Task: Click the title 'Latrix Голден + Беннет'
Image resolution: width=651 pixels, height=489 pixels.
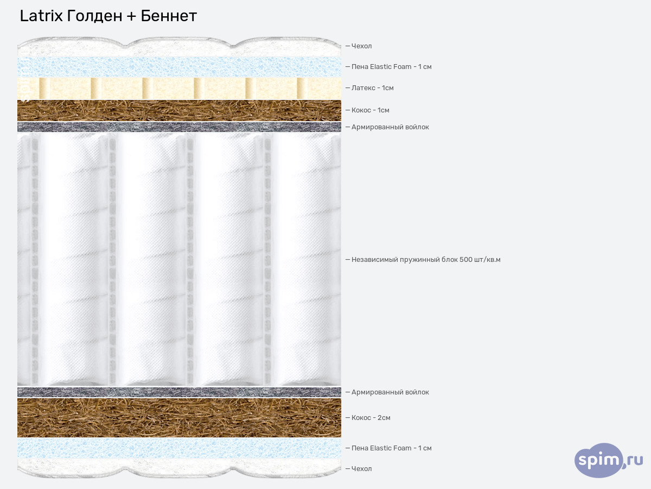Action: coord(108,16)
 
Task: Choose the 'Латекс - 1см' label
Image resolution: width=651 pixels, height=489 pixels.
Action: coord(372,88)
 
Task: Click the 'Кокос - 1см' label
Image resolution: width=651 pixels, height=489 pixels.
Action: coord(370,110)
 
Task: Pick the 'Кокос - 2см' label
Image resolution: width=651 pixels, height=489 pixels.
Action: coord(371,418)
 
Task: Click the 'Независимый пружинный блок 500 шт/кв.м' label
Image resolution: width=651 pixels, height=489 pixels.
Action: coord(425,260)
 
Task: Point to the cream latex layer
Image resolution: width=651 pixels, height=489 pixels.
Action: coord(179,89)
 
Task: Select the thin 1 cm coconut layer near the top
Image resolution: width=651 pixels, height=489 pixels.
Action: coord(179,110)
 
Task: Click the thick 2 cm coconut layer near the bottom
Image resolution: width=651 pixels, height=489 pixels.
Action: coord(179,418)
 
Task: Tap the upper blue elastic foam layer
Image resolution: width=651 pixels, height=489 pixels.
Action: coord(179,67)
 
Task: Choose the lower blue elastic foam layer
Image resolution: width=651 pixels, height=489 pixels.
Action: coord(179,448)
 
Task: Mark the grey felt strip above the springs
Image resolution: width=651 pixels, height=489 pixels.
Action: coord(179,127)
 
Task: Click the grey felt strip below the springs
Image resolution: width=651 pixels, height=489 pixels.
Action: coord(179,392)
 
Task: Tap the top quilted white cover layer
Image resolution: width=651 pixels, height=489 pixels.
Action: coord(179,47)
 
